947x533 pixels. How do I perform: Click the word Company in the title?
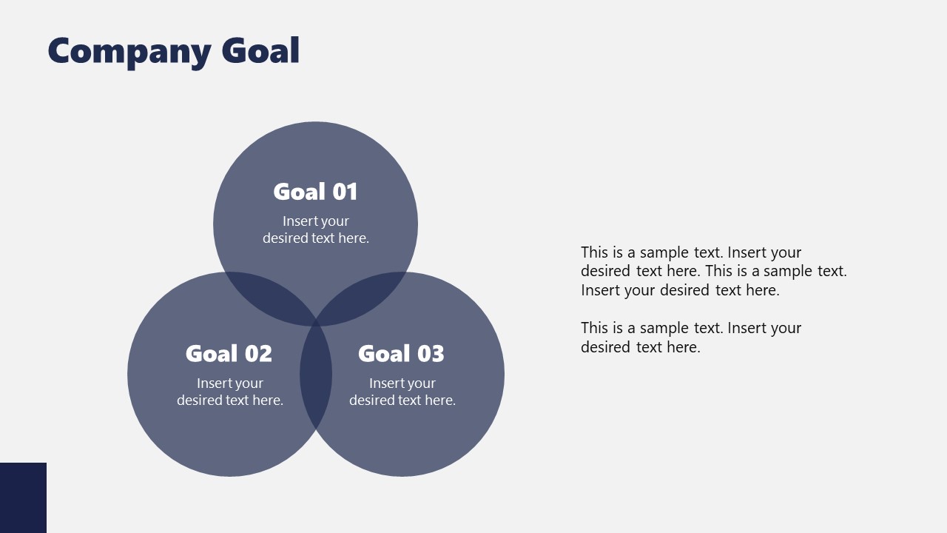129,52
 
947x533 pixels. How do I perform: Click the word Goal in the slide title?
260,51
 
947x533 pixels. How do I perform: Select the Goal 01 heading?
315,192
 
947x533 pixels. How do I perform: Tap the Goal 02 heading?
229,354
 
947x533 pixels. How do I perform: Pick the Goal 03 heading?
401,354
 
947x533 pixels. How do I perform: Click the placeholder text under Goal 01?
316,229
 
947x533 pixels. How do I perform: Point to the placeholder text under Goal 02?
230,392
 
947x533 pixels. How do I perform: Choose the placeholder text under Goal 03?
402,392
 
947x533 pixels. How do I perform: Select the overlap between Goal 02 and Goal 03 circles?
316,375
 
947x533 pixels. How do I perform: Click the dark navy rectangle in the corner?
23,497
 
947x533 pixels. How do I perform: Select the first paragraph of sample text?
713,271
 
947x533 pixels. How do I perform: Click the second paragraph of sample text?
690,338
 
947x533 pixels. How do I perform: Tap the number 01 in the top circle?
345,192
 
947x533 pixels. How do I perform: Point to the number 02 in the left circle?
258,354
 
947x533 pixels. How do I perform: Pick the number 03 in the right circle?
431,354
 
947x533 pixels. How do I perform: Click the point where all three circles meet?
316,324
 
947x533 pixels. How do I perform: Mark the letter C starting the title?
61,52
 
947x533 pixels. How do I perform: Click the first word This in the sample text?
594,252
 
